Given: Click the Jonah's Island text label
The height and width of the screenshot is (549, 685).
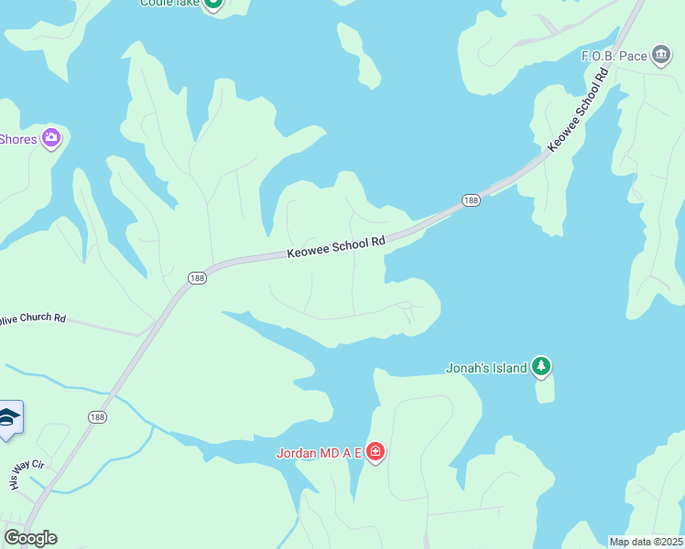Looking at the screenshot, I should coord(486,368).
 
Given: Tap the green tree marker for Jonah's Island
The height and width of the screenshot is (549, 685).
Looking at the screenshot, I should coord(541,366).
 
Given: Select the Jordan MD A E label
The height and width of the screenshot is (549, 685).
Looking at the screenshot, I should coord(320,453).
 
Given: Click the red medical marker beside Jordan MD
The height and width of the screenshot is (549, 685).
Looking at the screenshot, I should coord(375,452).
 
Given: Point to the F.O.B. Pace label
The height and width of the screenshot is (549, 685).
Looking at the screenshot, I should coord(614,56).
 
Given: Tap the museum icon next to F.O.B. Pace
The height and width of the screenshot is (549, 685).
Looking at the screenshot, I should coord(661,55).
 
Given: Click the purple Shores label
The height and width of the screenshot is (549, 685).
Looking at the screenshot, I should coord(17,139).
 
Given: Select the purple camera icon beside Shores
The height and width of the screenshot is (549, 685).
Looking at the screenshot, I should coord(51,138).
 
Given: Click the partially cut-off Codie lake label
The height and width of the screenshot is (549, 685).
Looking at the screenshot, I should coord(169,3).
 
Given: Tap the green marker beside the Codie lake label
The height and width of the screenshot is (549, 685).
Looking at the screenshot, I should coord(212,3).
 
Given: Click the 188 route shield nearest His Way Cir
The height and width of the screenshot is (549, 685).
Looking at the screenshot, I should coord(98,416).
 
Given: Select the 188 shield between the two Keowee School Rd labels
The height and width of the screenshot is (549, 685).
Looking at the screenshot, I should coord(471,200).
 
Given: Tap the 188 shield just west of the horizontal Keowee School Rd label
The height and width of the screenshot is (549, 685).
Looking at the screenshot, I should coord(198,277).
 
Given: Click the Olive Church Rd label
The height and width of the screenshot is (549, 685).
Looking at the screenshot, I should coord(33,318).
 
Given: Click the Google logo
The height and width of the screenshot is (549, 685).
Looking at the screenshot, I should coord(30,537).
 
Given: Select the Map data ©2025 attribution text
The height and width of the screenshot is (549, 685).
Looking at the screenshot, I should coord(646,542).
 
